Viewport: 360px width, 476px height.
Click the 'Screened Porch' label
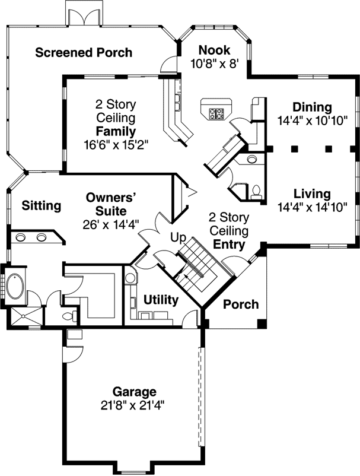coord(84,52)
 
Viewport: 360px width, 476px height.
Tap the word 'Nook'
coord(214,50)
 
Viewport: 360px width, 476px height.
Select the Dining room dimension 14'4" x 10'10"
coord(312,119)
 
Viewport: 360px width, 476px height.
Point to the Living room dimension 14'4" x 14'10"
coord(312,207)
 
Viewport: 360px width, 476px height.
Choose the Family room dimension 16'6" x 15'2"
coord(116,143)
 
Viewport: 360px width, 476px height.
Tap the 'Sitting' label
coord(42,206)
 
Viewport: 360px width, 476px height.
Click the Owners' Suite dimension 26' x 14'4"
coord(111,224)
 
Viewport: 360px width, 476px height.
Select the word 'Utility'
coord(161,300)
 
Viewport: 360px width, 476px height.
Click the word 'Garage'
coord(135,392)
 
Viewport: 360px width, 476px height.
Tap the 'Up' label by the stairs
coord(178,238)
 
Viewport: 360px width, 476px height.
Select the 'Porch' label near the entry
coord(241,304)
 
